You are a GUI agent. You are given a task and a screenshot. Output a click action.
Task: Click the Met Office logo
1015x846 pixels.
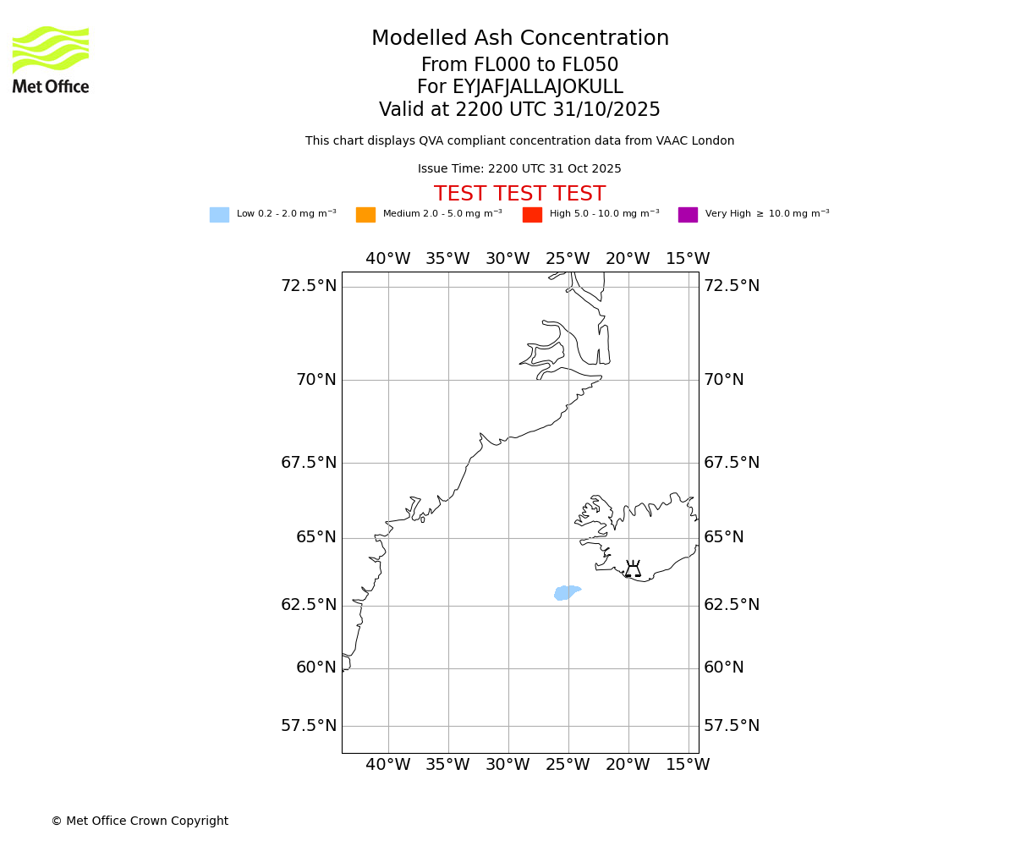[x=51, y=59]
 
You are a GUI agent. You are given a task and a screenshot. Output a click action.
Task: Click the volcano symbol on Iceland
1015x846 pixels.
[x=633, y=569]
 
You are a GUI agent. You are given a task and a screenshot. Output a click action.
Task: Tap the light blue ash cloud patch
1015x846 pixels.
[x=566, y=592]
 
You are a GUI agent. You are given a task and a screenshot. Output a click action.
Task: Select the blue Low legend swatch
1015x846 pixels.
[x=219, y=215]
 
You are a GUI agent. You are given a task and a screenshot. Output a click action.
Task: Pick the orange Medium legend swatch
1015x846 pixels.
[x=365, y=215]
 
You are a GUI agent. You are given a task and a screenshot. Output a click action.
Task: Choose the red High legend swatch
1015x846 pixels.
[x=532, y=215]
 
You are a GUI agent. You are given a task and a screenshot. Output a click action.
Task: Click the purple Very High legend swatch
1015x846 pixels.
[x=688, y=215]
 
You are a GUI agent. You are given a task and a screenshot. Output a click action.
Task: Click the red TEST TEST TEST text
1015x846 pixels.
[x=519, y=194]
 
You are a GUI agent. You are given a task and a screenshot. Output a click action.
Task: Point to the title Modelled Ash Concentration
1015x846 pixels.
[x=520, y=38]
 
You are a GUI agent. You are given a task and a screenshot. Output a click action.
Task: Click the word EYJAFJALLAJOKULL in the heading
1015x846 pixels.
[x=538, y=87]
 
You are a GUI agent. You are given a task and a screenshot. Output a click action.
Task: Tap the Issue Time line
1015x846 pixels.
[x=519, y=169]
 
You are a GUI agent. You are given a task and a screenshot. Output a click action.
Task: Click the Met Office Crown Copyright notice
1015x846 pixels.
[x=140, y=821]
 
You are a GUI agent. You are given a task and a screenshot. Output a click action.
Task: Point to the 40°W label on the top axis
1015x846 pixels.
[x=388, y=259]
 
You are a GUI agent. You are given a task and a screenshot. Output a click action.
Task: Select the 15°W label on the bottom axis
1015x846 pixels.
[x=688, y=765]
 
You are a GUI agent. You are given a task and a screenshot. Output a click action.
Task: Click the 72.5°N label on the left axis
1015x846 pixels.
[x=309, y=286]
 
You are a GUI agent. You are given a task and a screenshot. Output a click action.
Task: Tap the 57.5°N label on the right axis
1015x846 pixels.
[x=732, y=726]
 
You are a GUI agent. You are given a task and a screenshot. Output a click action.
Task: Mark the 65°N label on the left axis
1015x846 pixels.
[x=316, y=537]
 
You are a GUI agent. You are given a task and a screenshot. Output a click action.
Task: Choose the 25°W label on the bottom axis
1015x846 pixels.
[x=568, y=765]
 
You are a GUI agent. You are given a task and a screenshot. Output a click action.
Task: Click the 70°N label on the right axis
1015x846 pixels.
[x=724, y=380]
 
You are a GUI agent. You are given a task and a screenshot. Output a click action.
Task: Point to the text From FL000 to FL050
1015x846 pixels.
[x=519, y=65]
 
